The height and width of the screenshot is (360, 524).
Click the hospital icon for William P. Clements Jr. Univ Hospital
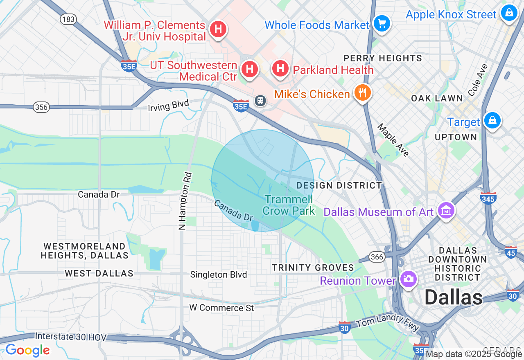219,29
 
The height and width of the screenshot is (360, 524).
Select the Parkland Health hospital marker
280,68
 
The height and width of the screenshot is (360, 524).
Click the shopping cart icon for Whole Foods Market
382,24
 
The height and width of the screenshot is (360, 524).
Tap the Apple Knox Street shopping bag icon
509,13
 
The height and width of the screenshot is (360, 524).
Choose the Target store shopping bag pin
492,120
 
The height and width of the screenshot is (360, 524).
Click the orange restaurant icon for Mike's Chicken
362,93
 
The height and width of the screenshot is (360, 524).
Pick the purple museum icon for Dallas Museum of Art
446,211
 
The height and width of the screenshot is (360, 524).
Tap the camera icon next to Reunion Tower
408,279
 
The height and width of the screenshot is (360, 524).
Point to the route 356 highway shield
41,107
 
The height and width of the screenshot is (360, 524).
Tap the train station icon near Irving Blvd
260,100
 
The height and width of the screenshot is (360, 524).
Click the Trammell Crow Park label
289,205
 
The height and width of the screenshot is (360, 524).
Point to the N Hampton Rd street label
185,201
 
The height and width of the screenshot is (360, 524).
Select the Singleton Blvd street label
218,274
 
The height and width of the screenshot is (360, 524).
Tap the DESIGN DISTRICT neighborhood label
339,185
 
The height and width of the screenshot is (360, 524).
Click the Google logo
27,351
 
